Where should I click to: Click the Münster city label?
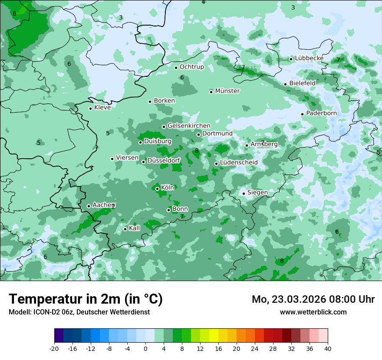[227, 91]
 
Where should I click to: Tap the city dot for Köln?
[157, 189]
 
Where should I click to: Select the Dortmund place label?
[217, 134]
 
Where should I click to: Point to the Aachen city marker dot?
[89, 206]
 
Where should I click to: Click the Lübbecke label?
[309, 58]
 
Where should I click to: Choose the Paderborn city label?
[321, 113]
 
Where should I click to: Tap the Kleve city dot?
[90, 108]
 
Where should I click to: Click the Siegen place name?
[257, 193]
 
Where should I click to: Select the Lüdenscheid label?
[239, 163]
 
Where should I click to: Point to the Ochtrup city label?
[191, 67]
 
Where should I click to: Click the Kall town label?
[135, 228]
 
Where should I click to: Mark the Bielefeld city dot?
[285, 84]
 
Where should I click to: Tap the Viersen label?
[127, 158]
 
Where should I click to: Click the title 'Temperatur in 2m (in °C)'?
[86, 299]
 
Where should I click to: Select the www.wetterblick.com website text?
[313, 312]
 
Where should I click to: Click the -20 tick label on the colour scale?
[54, 348]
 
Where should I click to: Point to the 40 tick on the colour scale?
[327, 348]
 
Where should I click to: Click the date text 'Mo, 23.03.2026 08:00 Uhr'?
[313, 299]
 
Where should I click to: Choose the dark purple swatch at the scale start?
[59, 336]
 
